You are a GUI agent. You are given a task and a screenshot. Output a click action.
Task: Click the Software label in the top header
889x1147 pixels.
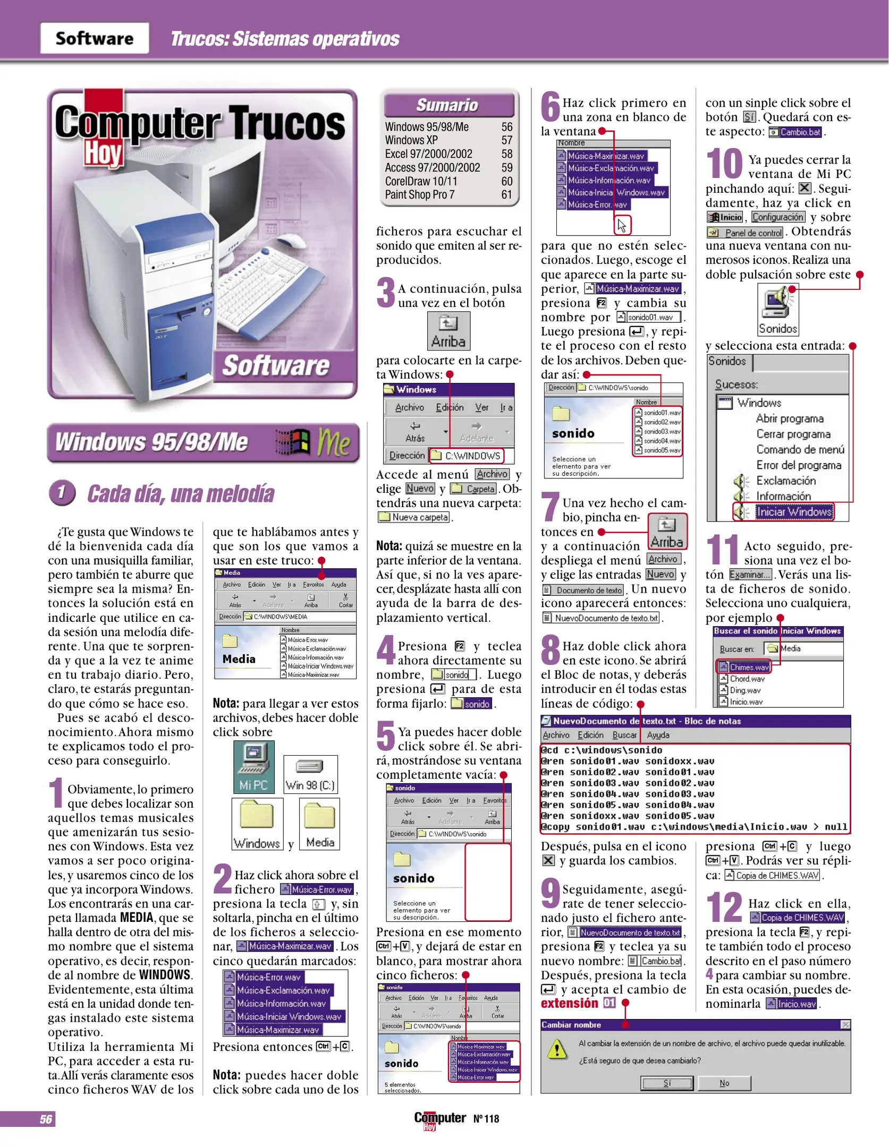[x=95, y=38]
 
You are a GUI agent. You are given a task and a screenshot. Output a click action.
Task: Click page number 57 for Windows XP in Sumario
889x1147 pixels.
[x=506, y=140]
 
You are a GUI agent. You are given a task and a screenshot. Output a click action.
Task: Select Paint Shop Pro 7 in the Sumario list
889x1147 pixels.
[x=419, y=195]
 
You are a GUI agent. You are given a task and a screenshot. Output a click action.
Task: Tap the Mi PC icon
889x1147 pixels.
[x=253, y=766]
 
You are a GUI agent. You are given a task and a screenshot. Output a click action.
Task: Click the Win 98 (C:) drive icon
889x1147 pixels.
[x=310, y=774]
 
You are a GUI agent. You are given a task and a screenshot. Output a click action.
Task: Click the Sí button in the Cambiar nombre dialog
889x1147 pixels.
[x=667, y=1083]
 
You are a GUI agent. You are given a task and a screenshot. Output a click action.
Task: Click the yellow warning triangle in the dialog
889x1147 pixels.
[x=556, y=1049]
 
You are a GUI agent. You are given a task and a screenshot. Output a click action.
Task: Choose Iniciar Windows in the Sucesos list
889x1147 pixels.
[x=794, y=512]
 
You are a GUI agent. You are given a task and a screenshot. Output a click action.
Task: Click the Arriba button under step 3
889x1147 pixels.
[x=448, y=331]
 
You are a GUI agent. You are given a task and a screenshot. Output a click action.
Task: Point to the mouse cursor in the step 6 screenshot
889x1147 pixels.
[x=622, y=226]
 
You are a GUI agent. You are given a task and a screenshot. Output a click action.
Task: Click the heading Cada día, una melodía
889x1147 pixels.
[x=180, y=494]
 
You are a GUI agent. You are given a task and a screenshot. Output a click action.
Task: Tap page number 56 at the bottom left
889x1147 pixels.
[x=46, y=1119]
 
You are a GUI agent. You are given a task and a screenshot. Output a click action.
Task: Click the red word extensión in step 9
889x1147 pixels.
[x=569, y=1004]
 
